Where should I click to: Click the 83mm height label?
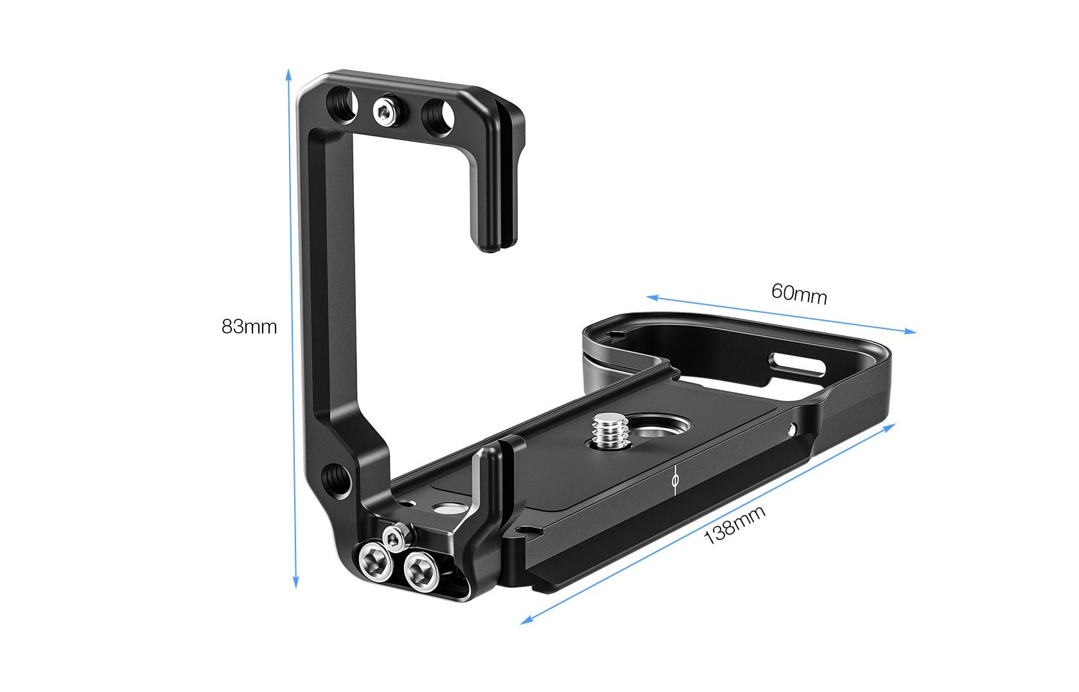click(x=249, y=326)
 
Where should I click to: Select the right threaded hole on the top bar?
click(x=438, y=116)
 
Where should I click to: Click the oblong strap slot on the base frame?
click(x=799, y=364)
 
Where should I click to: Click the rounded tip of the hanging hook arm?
click(x=489, y=242)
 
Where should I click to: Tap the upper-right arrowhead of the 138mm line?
click(x=892, y=427)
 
